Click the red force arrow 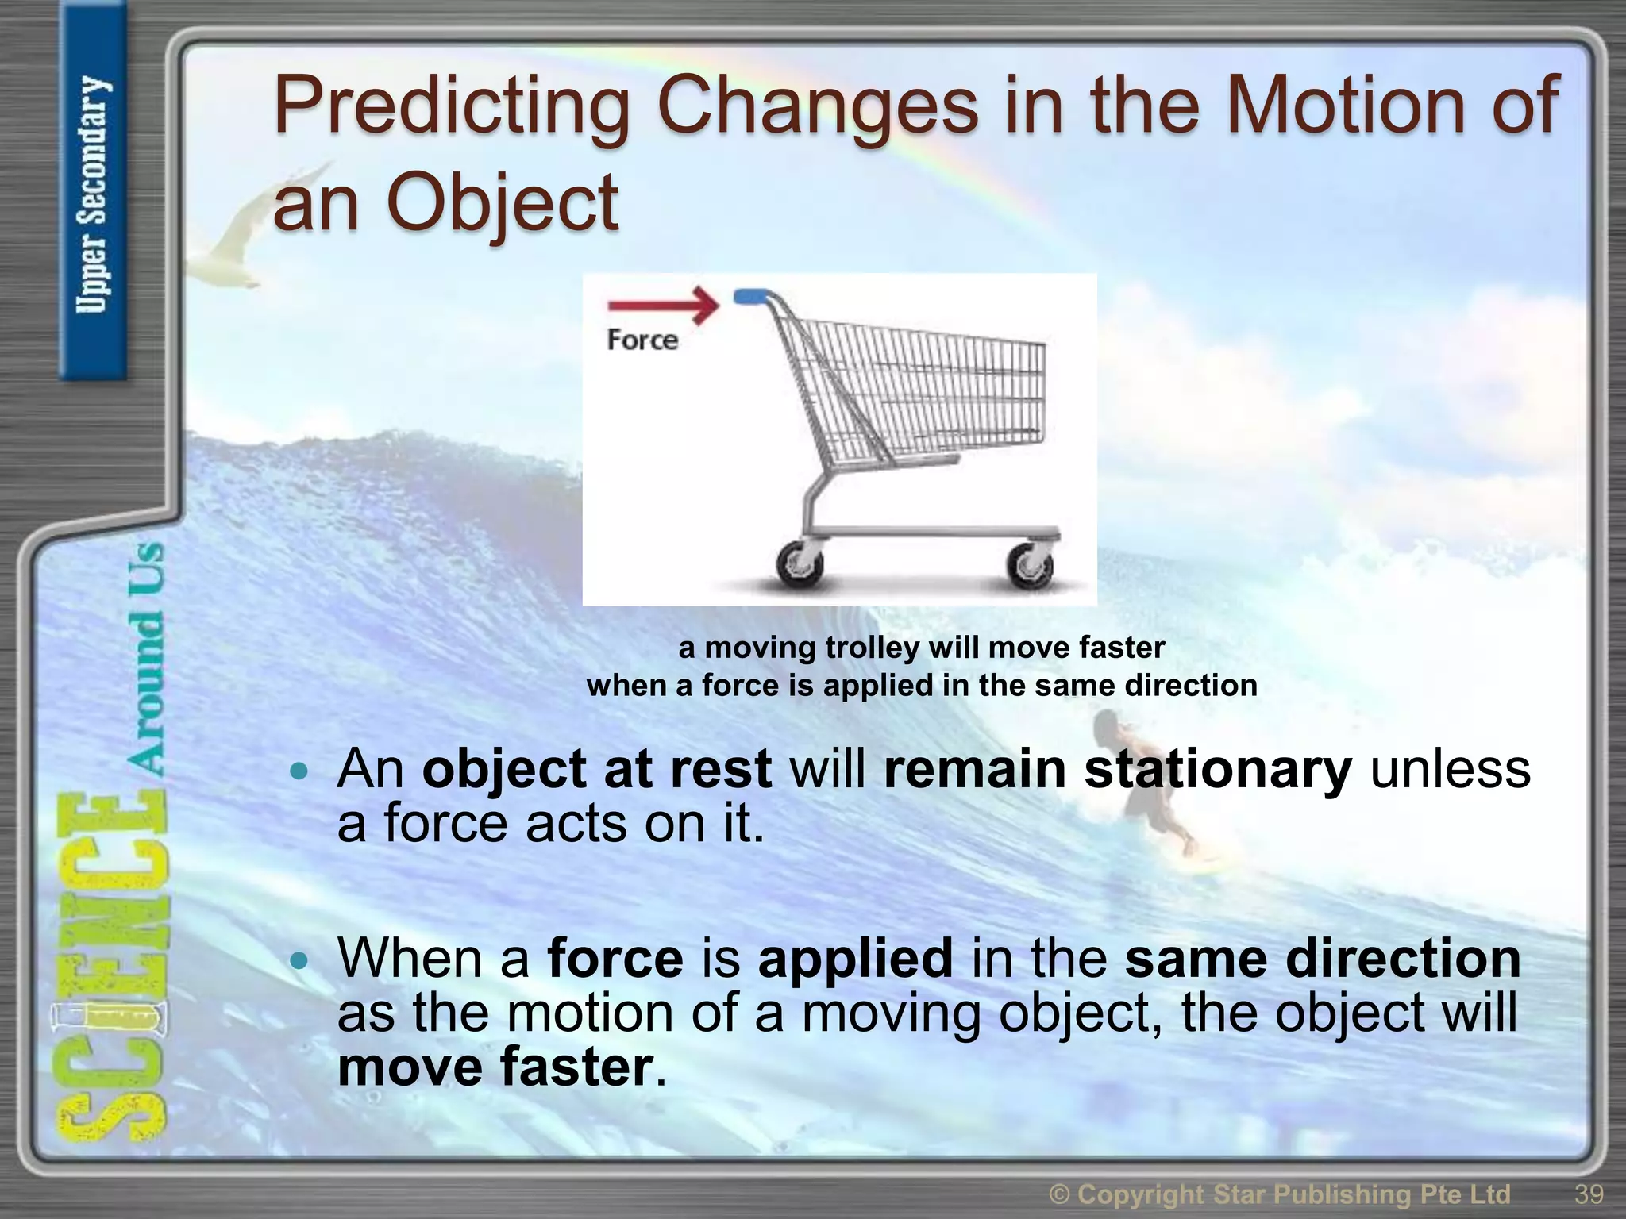664,306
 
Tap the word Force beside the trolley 642,340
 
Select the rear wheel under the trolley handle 799,566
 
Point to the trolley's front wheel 1030,566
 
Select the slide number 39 1589,1194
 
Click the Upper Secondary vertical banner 93,194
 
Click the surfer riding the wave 1143,786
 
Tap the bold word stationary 1218,769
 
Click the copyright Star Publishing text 1279,1194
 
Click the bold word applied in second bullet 855,959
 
